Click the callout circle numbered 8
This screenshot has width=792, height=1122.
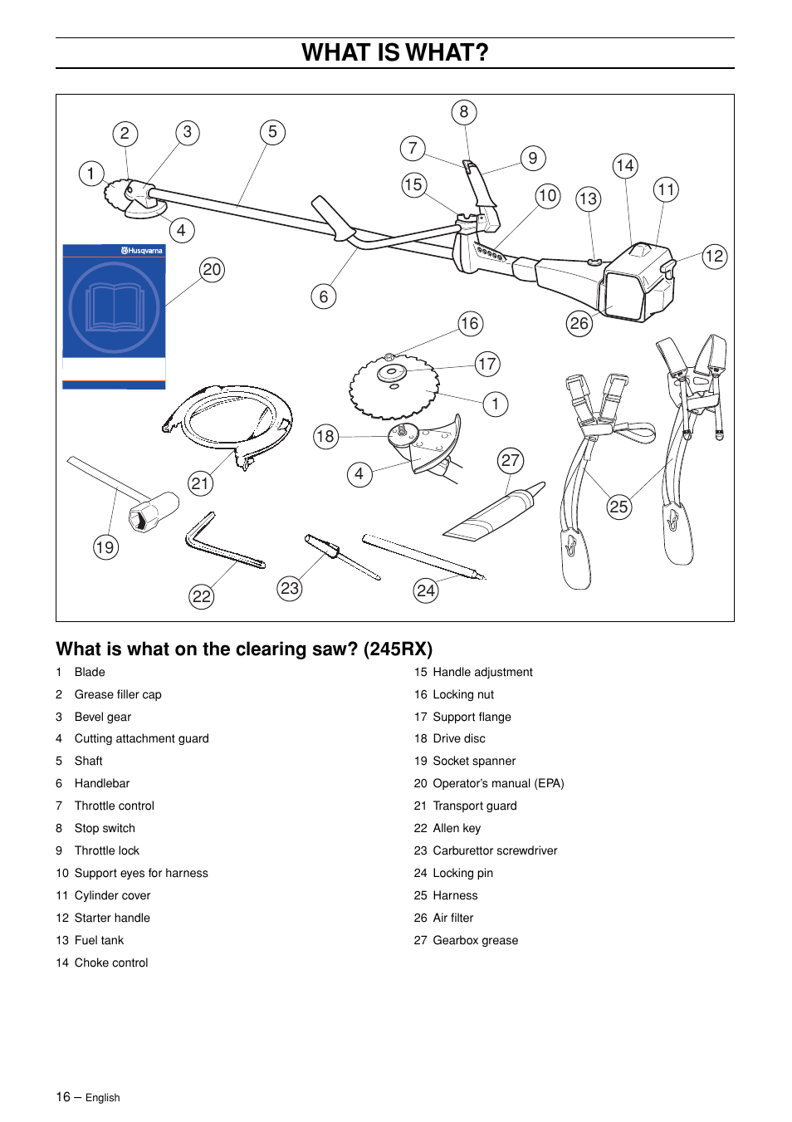click(464, 112)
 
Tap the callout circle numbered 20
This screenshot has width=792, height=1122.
click(213, 269)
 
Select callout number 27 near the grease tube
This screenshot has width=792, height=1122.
click(511, 461)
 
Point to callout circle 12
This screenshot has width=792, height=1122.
click(714, 256)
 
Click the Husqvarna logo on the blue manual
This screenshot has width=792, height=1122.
click(142, 250)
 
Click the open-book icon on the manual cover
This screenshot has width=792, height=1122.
click(115, 307)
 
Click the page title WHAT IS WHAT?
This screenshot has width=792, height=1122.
click(395, 52)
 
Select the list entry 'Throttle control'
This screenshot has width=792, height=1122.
click(114, 806)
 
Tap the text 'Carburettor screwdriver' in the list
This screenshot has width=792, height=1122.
click(495, 850)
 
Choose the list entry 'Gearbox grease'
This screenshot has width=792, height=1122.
click(475, 940)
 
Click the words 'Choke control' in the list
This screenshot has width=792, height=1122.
click(111, 963)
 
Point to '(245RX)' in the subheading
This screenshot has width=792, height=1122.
click(398, 649)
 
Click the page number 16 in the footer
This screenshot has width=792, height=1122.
click(63, 1097)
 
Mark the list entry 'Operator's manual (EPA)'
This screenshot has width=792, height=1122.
click(498, 783)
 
